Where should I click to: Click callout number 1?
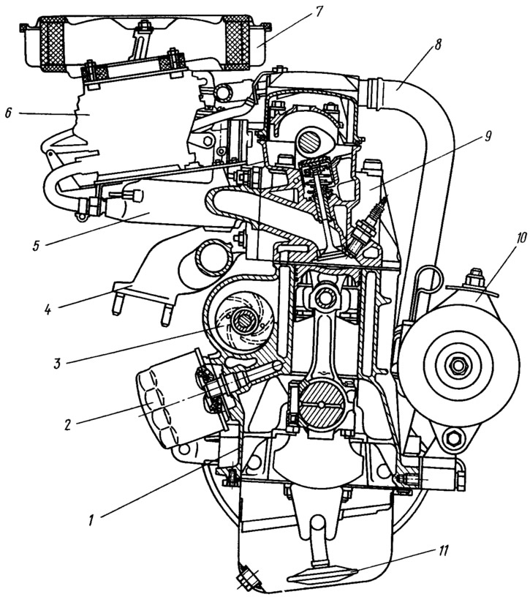coord(91,520)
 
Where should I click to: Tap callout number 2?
coord(68,424)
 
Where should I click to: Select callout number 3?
coord(58,364)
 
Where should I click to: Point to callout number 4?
coord(48,309)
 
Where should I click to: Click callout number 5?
coord(37,245)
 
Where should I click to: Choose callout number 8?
coord(437,44)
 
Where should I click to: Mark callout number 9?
coord(488,136)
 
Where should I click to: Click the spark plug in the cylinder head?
coord(366,228)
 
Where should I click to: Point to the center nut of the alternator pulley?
coord(456,366)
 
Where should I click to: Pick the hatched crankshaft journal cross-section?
coord(322,405)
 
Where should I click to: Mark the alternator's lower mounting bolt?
coord(453,439)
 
